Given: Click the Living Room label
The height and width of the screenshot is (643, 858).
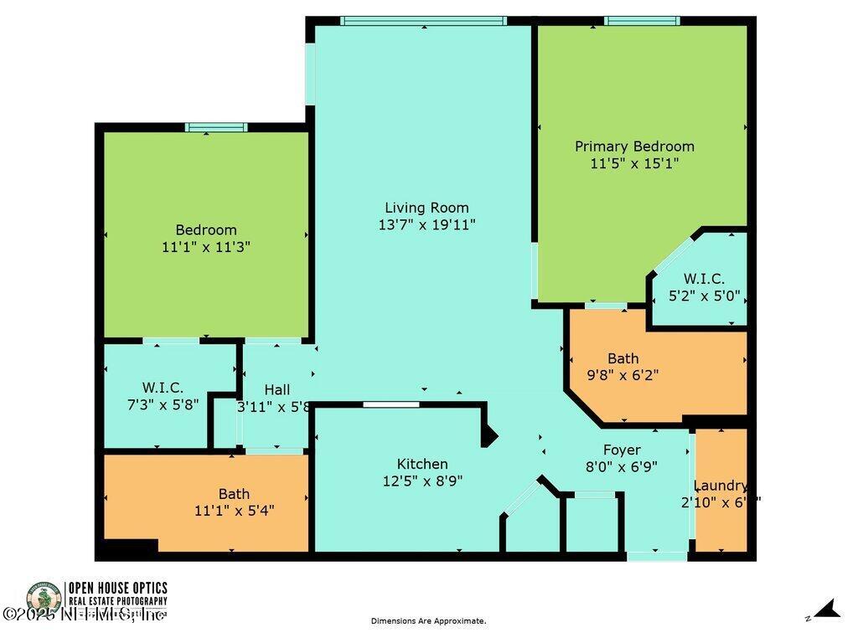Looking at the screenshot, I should pos(426,208).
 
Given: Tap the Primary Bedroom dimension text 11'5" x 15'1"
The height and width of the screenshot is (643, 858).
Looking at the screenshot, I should pos(634,164).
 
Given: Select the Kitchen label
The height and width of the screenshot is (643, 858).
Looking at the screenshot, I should pos(422,464).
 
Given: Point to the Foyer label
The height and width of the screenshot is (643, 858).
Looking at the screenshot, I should pos(622,450).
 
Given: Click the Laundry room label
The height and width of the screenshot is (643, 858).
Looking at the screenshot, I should pos(721,486).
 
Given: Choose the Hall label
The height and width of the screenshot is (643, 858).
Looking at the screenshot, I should pos(277,389).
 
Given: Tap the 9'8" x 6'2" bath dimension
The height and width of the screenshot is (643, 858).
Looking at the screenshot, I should pos(621,375).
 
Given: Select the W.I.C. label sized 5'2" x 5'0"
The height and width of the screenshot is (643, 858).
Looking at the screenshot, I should pos(704,279).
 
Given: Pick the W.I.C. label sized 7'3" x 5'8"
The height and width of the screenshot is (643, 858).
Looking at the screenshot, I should pos(163,388).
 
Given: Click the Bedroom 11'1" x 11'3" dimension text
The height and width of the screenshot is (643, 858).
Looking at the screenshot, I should pos(206,247).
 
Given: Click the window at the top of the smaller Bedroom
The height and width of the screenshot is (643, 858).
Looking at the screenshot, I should pos(216,127).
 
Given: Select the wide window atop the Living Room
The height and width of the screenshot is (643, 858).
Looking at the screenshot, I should pos(424,21).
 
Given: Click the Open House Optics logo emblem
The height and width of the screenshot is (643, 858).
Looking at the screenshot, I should pos(44,599).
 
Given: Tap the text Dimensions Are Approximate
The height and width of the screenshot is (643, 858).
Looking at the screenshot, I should pos(428,621).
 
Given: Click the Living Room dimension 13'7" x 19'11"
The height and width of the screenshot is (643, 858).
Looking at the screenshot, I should pos(427,224).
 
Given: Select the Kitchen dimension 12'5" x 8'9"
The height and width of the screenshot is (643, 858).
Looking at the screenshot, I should pos(422,481).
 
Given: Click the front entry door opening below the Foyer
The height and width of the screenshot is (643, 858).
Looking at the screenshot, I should pos(657,555).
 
